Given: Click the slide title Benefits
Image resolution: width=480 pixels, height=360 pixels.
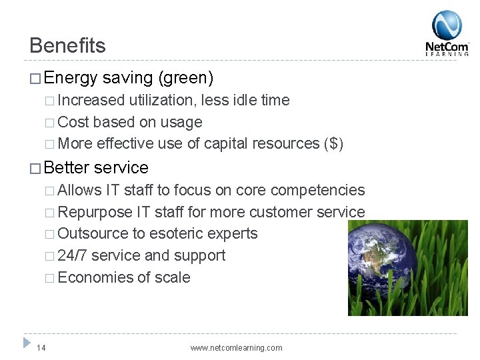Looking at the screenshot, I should coord(67,46).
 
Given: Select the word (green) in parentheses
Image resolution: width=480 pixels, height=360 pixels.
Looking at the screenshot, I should coord(187,79).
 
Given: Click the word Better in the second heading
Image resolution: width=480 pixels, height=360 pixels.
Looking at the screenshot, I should coord(69,167).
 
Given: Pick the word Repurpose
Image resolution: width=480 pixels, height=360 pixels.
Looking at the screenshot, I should coord(95,212).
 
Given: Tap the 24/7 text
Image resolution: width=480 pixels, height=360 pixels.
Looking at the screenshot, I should coord(72,256).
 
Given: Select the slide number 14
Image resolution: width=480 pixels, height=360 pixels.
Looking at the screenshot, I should coord(41,347).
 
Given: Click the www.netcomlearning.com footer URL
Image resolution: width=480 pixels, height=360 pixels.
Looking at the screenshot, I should coord(236,347).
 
